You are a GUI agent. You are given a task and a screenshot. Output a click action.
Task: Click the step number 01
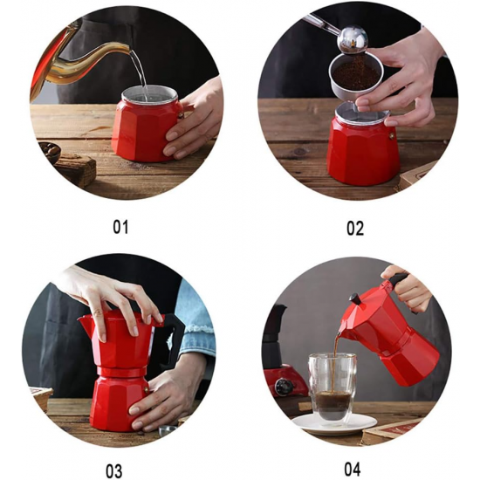point(120,227)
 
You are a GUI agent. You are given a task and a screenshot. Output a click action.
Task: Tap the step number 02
point(355,229)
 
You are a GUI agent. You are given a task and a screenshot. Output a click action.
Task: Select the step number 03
point(113,471)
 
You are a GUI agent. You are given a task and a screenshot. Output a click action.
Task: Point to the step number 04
point(353,469)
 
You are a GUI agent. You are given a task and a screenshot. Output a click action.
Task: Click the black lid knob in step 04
point(355,298)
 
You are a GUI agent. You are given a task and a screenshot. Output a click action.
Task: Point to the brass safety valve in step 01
point(181,115)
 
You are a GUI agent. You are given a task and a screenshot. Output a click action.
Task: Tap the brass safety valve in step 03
point(147,390)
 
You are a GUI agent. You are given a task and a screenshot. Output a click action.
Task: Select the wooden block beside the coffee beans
point(76,169)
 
